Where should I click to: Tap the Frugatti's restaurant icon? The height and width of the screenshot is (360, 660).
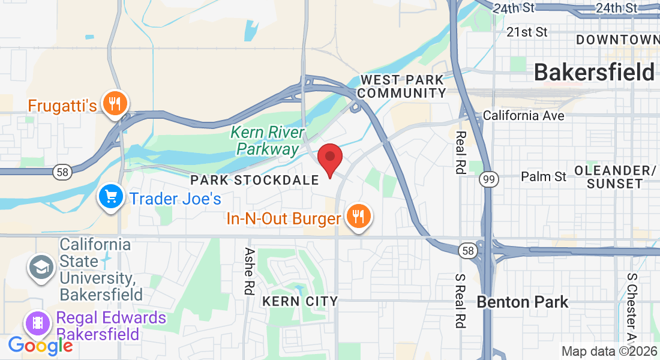tap(112, 104)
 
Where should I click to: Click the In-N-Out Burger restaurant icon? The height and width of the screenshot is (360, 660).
tap(359, 217)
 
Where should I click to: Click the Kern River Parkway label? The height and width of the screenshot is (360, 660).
tap(267, 140)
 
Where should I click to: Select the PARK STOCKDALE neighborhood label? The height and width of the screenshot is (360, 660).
tap(254, 180)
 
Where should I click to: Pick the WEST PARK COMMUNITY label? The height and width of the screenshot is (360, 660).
tap(403, 86)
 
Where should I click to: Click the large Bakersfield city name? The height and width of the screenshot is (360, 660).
tap(593, 73)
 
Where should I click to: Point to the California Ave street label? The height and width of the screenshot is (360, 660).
tap(523, 115)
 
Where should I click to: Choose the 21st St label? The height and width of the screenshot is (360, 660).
tap(527, 31)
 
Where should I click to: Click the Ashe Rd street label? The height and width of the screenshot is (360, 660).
tap(250, 271)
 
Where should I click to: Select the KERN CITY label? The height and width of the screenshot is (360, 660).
tap(300, 301)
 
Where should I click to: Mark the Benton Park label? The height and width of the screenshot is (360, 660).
tap(522, 302)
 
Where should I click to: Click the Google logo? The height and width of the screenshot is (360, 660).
tap(40, 346)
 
